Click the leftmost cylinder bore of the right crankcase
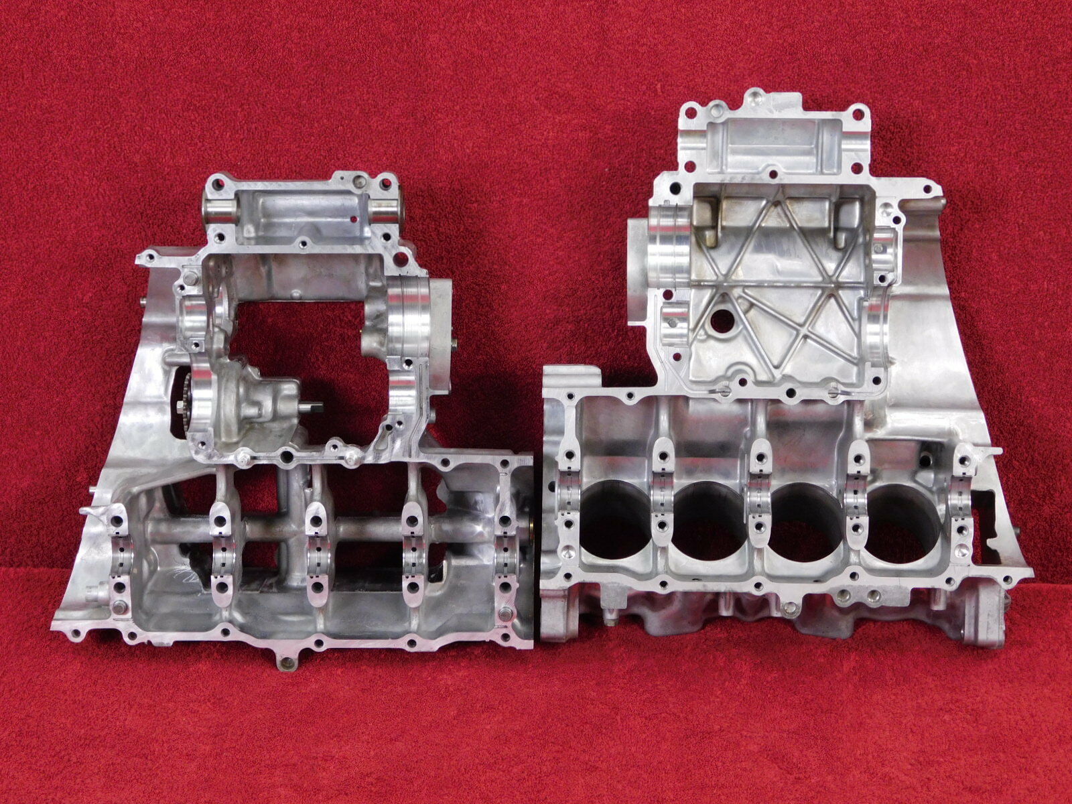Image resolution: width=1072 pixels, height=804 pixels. click(612, 527)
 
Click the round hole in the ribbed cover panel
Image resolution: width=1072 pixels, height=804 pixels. click(720, 321)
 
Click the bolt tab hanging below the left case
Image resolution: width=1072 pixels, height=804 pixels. click(287, 663)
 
